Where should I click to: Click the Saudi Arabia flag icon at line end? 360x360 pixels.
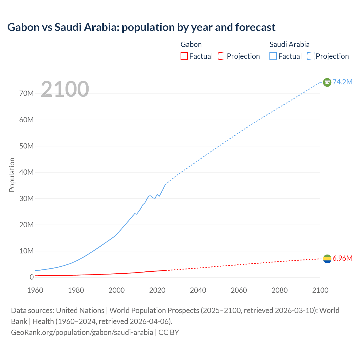coord(327,82)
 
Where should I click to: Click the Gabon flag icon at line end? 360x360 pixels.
coord(327,258)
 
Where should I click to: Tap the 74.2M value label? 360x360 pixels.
coord(342,82)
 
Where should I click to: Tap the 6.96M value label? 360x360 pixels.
coord(342,258)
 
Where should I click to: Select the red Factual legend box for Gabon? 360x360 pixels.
coord(184,56)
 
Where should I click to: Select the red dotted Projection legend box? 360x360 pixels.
coord(222,56)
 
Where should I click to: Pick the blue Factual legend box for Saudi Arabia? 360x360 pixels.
coord(273,56)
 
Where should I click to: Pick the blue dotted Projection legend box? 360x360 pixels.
coord(310,56)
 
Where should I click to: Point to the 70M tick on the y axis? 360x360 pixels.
coord(26,94)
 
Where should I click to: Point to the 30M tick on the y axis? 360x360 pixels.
coord(26,199)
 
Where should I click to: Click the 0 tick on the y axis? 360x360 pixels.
coord(31,277)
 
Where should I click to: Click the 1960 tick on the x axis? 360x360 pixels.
coord(35,290)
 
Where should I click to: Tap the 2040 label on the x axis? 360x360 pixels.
coord(198,290)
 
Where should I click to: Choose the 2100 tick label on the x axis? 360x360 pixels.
coord(320,290)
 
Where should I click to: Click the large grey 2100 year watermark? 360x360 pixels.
coord(65,89)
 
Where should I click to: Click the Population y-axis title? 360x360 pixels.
coord(12,175)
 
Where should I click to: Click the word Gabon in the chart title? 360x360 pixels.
coord(23,27)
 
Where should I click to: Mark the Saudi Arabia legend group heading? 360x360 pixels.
coord(289,44)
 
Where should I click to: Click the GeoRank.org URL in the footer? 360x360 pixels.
coord(82,332)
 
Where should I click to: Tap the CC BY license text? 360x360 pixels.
coord(169,332)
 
